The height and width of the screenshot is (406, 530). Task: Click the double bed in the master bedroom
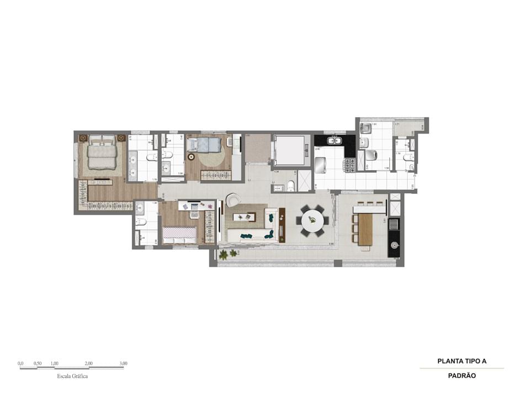click(x=102, y=152)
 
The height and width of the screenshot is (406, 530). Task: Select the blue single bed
click(x=204, y=145)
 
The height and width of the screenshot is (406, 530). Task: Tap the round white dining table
click(x=312, y=220)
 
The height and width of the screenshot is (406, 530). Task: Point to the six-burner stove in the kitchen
click(x=349, y=164)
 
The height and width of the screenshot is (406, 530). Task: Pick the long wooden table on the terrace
click(x=365, y=229)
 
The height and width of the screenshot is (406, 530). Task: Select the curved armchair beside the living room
click(x=233, y=199)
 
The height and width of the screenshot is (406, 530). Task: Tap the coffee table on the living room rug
click(x=243, y=217)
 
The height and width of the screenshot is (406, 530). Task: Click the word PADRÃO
click(x=462, y=375)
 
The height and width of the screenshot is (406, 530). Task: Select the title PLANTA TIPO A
click(x=462, y=361)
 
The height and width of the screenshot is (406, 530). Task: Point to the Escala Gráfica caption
click(x=72, y=376)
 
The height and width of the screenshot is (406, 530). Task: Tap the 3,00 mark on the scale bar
click(x=123, y=363)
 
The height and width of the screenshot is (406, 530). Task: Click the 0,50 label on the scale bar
click(x=38, y=363)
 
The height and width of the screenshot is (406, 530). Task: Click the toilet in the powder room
click(x=291, y=186)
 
